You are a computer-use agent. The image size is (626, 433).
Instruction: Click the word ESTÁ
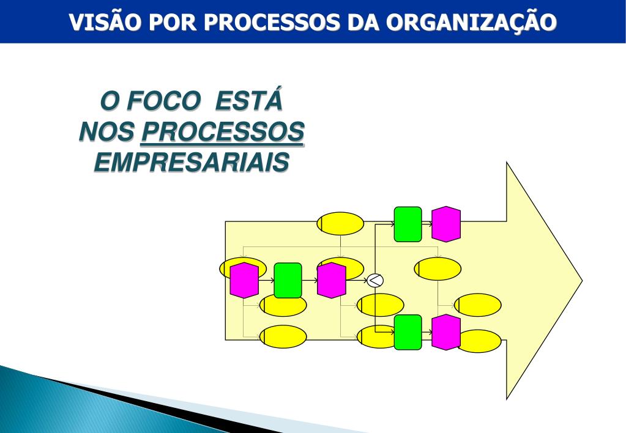tap(250, 101)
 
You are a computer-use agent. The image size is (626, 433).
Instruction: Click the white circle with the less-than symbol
tap(374, 280)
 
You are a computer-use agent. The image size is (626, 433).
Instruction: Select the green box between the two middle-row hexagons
tap(288, 280)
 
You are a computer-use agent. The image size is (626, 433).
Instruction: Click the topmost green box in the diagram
tap(408, 224)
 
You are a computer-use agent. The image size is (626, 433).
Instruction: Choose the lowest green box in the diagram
tap(408, 332)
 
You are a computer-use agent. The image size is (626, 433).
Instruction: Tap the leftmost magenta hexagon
tap(244, 280)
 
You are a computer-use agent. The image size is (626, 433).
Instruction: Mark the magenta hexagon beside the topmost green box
tap(445, 224)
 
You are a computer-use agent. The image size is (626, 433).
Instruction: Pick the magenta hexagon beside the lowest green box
tap(445, 332)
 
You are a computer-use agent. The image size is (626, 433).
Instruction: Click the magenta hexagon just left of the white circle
tap(332, 280)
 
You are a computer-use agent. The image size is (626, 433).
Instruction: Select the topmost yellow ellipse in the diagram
tap(340, 224)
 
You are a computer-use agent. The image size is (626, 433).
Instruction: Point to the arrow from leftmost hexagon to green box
tap(266, 280)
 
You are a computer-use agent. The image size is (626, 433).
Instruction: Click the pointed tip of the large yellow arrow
tap(581, 281)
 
